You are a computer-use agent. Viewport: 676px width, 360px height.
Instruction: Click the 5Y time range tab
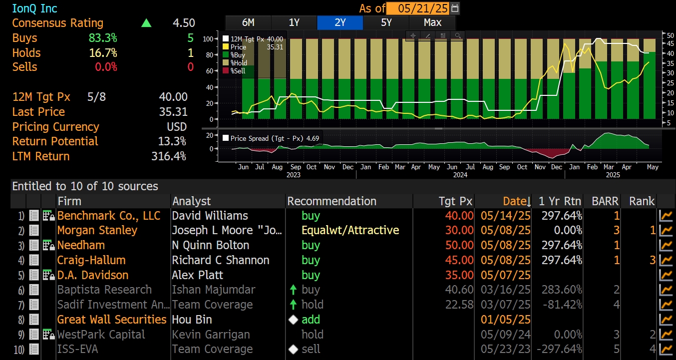click(x=386, y=22)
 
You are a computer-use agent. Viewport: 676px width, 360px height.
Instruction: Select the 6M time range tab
click(x=248, y=22)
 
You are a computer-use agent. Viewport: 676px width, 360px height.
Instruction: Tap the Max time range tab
click(x=432, y=22)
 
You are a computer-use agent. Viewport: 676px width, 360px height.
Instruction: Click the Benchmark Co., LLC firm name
click(x=109, y=216)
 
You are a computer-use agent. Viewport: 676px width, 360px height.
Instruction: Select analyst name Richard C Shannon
click(x=220, y=260)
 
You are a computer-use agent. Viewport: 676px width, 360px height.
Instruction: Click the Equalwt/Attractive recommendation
click(x=350, y=230)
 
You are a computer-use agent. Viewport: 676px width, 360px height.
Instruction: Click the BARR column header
click(x=605, y=201)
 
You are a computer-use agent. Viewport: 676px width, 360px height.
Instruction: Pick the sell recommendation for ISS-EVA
click(x=311, y=349)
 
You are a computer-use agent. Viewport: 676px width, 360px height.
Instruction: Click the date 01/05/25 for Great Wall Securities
click(x=505, y=320)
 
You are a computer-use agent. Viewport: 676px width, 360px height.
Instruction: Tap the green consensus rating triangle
click(x=146, y=23)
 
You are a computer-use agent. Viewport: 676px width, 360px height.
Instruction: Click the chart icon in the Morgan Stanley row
click(x=665, y=231)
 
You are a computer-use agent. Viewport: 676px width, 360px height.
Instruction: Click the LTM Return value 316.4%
click(x=169, y=156)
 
